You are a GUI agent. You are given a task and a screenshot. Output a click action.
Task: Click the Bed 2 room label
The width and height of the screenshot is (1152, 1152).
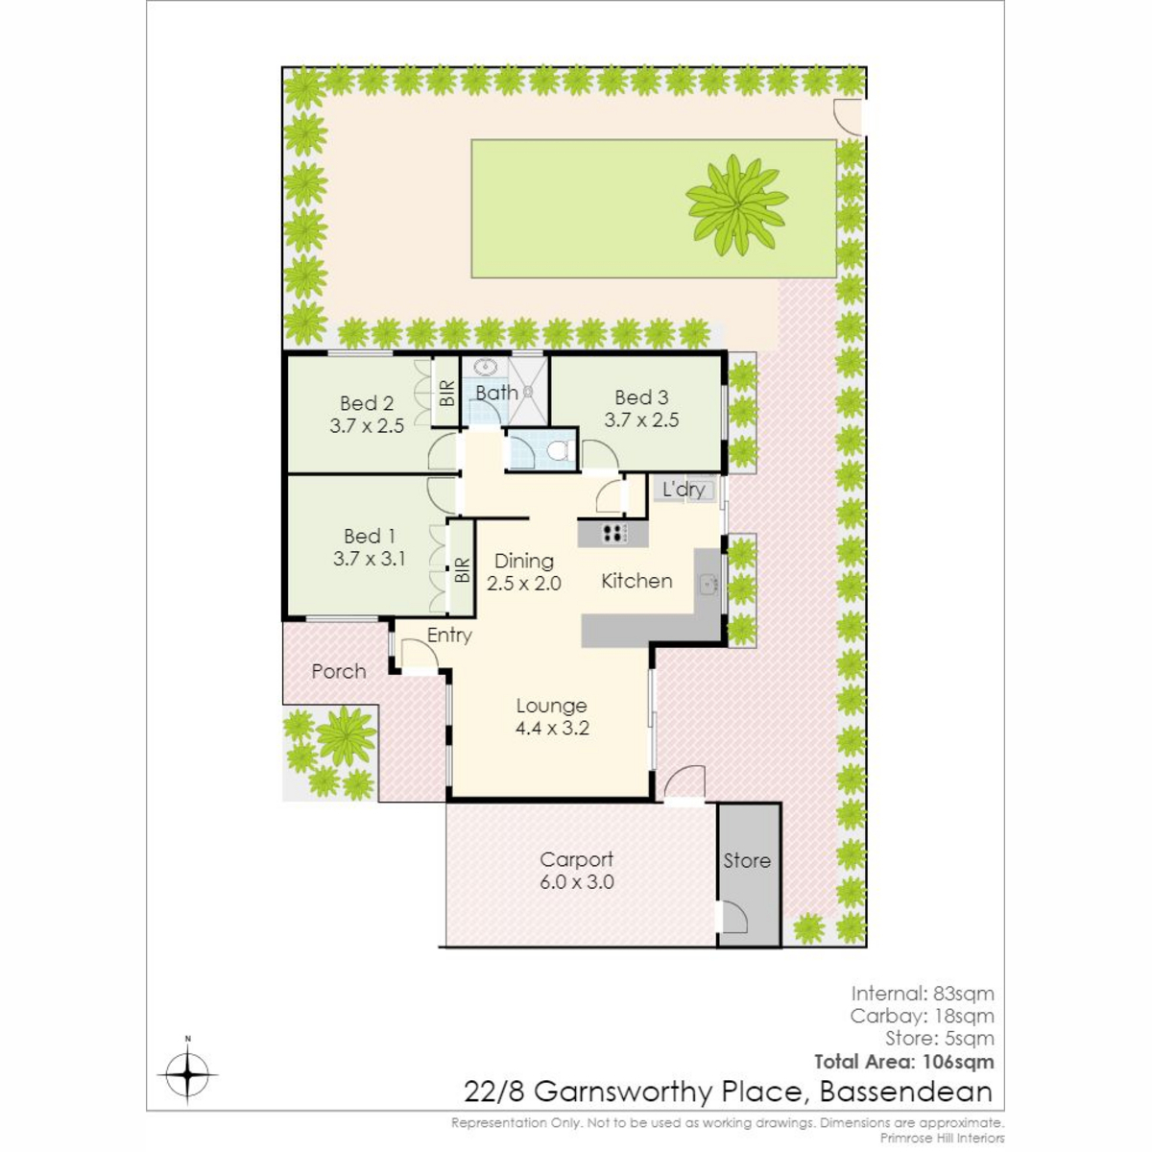click(367, 403)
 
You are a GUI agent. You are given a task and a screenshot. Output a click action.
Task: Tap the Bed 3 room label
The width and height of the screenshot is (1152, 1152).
click(641, 397)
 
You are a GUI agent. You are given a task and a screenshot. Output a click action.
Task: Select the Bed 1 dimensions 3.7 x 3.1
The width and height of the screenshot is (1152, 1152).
click(369, 559)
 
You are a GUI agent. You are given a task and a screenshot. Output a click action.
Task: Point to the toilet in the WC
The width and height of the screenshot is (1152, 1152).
click(560, 450)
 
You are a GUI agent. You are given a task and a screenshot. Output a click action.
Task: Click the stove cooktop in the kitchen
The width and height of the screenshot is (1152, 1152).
click(613, 533)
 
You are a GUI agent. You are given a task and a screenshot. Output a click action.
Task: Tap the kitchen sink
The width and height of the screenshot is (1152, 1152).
click(709, 584)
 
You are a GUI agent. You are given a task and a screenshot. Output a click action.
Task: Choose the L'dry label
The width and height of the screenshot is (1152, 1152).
click(684, 490)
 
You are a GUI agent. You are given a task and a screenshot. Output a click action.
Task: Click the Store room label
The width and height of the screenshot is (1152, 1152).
click(747, 861)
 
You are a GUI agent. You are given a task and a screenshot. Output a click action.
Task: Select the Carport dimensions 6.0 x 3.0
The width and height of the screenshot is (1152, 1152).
click(577, 882)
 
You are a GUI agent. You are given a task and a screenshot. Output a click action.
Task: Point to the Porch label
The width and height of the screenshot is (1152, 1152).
click(338, 671)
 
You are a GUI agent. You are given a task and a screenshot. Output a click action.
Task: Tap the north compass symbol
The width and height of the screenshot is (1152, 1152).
click(187, 1074)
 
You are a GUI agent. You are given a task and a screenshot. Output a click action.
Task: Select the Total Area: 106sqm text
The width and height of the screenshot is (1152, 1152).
click(904, 1063)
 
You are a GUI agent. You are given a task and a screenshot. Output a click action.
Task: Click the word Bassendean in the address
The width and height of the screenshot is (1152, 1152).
click(906, 1092)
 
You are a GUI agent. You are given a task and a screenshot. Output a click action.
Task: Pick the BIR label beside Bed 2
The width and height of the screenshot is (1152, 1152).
click(447, 393)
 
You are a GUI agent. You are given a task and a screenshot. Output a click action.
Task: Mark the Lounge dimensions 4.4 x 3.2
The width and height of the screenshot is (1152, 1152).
click(552, 728)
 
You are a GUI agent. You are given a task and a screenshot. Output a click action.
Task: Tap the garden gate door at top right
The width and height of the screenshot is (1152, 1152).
click(849, 117)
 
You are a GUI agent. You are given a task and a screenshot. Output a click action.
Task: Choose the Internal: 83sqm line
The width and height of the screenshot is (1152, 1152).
click(923, 994)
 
